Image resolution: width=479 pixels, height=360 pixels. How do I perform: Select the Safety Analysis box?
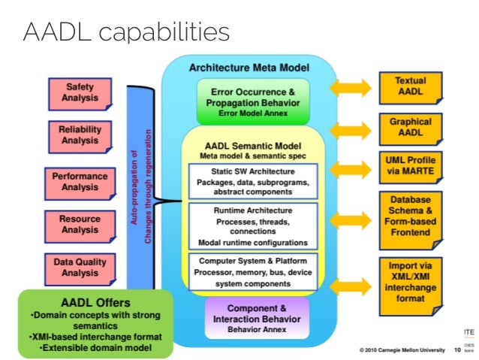point(80,93)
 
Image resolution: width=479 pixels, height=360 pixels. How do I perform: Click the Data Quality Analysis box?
point(80,268)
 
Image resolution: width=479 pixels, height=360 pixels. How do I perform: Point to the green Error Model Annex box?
point(249,103)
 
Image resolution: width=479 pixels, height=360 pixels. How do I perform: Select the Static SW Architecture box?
point(252,180)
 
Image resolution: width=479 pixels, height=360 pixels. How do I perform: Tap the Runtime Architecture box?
point(252,226)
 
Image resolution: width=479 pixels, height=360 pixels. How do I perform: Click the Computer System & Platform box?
point(252,271)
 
